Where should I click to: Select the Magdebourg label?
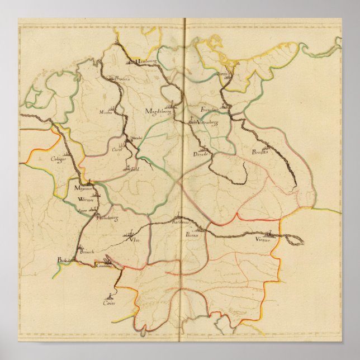tap(157, 111)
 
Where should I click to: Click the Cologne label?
tap(59, 159)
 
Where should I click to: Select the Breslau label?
tap(260, 152)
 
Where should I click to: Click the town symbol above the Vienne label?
tap(271, 233)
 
